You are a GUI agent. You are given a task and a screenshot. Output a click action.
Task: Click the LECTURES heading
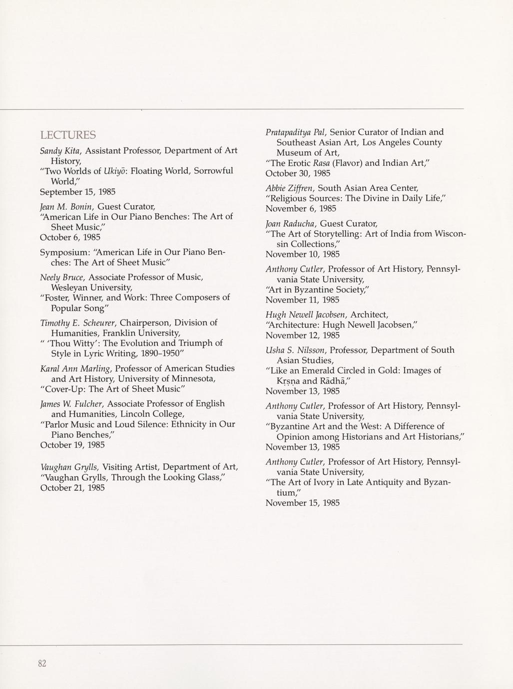(x=68, y=135)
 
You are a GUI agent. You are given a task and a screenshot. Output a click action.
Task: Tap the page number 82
(x=42, y=663)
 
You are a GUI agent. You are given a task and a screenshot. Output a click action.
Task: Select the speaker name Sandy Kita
(x=61, y=151)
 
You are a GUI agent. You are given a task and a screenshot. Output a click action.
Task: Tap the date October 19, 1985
(x=72, y=445)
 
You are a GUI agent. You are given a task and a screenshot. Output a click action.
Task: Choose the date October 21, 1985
(x=72, y=488)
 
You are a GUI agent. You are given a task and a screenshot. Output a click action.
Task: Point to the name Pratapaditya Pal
(x=295, y=132)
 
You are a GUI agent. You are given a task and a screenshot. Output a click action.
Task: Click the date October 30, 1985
(x=297, y=173)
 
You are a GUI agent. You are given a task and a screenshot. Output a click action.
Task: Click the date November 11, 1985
(x=302, y=300)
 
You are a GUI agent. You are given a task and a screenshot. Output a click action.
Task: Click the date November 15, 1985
(x=302, y=503)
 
